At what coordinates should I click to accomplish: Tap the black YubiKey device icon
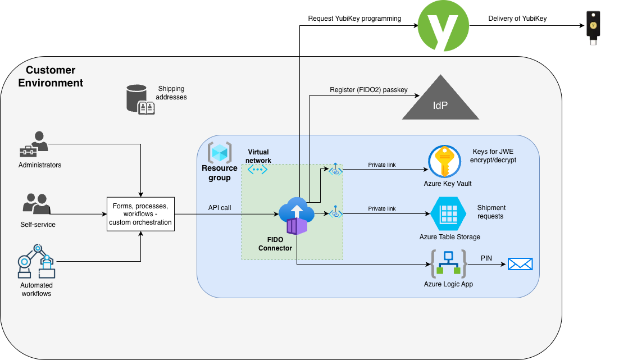pos(593,26)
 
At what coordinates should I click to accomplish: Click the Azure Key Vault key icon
pos(444,161)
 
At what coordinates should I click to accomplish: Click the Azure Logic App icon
pos(449,263)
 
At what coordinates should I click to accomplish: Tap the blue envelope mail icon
pos(520,264)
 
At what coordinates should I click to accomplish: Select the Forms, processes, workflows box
pos(141,214)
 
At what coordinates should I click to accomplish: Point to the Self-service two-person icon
pos(37,205)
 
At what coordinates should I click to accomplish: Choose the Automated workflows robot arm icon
pos(37,261)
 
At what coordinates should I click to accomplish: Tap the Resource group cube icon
pos(219,152)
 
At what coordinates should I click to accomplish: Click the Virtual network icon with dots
pos(258,169)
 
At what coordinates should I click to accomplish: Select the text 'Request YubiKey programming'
pos(354,19)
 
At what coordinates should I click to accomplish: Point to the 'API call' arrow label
pos(220,208)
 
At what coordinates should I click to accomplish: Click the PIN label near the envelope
pos(486,258)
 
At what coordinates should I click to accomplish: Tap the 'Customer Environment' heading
pos(51,76)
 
